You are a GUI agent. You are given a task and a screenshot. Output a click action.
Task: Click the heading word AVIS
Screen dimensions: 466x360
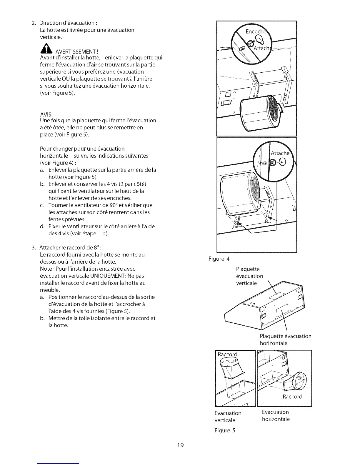pyautogui.click(x=46, y=114)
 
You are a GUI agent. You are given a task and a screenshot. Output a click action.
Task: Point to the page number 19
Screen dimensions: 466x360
pyautogui.click(x=180, y=445)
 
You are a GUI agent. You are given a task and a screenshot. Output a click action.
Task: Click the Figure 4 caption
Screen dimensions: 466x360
pyautogui.click(x=219, y=259)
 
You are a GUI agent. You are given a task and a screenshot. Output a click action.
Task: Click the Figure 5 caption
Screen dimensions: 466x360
pyautogui.click(x=225, y=430)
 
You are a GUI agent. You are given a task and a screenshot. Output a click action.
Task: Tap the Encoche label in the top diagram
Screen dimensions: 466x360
pyautogui.click(x=256, y=32)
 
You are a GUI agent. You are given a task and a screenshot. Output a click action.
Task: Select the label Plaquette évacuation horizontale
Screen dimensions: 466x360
pyautogui.click(x=285, y=339)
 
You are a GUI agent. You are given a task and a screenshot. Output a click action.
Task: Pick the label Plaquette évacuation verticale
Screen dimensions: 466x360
pyautogui.click(x=249, y=276)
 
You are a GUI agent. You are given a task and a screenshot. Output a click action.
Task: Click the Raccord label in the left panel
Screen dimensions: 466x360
pyautogui.click(x=227, y=354)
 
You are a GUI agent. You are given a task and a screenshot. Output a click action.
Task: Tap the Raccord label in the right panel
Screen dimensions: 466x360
pyautogui.click(x=292, y=397)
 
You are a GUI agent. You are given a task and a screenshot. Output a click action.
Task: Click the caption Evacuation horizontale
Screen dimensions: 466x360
pyautogui.click(x=276, y=415)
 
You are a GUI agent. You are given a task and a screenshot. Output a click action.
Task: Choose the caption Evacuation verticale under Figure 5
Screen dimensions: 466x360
pyautogui.click(x=228, y=417)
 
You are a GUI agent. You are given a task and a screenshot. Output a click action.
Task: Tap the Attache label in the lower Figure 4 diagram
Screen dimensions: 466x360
pyautogui.click(x=280, y=153)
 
